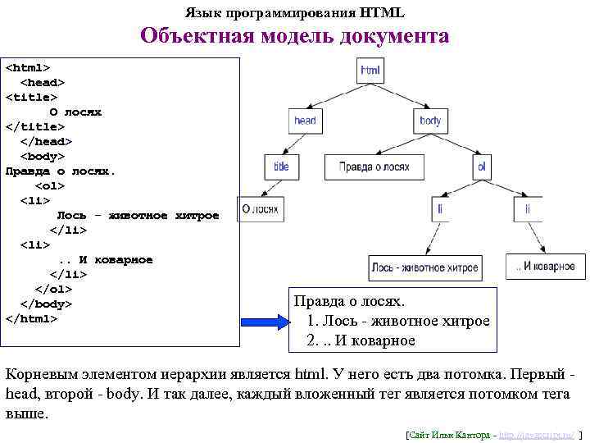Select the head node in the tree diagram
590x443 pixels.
click(305, 120)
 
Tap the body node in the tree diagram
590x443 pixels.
click(429, 120)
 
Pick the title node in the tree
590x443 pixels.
click(281, 167)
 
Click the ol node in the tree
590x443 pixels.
click(482, 167)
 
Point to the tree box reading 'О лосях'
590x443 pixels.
click(261, 208)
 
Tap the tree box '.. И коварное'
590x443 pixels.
click(546, 266)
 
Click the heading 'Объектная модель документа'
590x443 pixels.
click(294, 36)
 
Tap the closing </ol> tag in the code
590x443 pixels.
click(53, 290)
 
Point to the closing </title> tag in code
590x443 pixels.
click(34, 126)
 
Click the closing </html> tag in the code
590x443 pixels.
click(32, 319)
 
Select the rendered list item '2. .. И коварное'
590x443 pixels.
click(361, 340)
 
